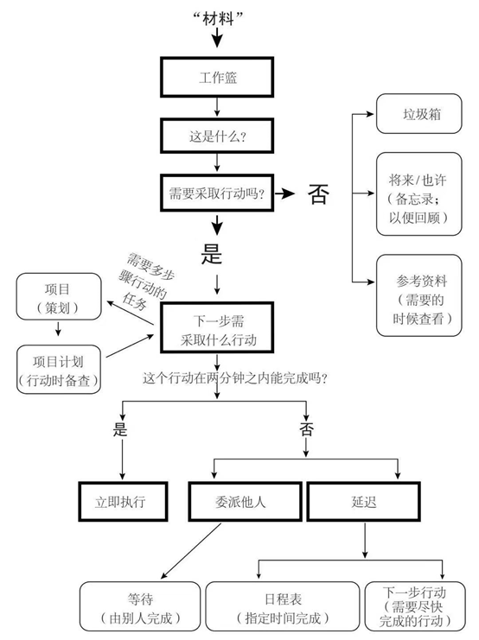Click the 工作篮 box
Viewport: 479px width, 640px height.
point(217,77)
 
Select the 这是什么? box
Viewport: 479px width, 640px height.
point(217,136)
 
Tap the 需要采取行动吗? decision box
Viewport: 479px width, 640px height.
point(217,193)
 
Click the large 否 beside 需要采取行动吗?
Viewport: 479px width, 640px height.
point(318,193)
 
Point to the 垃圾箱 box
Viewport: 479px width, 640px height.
point(419,113)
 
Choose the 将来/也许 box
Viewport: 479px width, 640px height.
point(419,193)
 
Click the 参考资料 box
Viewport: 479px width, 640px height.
point(419,295)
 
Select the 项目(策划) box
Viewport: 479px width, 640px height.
point(59,296)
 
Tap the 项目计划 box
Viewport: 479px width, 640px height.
point(59,370)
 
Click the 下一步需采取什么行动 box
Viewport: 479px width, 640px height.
point(217,327)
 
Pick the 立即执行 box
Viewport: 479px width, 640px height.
point(123,502)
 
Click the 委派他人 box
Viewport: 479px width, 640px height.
point(245,502)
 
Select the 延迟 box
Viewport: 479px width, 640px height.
point(363,502)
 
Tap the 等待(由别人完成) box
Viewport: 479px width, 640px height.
point(140,606)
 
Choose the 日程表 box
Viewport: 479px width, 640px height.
point(283,606)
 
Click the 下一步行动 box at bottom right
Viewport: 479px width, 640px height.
point(415,606)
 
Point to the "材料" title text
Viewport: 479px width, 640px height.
point(218,18)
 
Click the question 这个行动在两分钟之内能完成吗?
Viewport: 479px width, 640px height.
point(235,378)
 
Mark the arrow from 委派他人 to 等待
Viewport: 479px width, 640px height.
point(191,551)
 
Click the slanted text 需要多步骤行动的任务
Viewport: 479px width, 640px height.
point(145,282)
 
